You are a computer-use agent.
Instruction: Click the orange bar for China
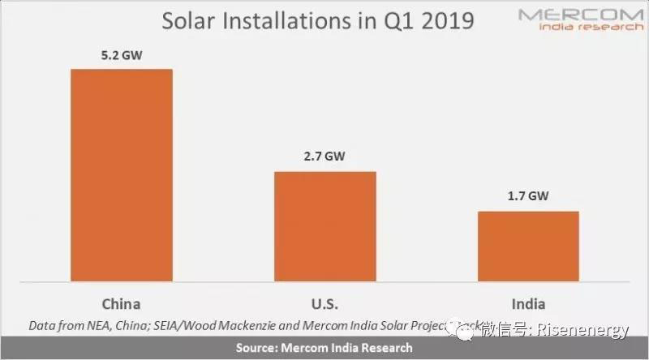pyautogui.click(x=122, y=174)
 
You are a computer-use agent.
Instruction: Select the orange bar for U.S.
pyautogui.click(x=324, y=226)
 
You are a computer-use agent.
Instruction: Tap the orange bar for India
pyautogui.click(x=527, y=246)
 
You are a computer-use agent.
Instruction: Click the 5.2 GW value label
pyautogui.click(x=122, y=56)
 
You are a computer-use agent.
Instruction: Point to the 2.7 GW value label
pyautogui.click(x=324, y=159)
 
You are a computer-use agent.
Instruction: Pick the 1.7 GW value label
pyautogui.click(x=527, y=198)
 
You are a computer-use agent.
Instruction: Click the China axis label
pyautogui.click(x=122, y=304)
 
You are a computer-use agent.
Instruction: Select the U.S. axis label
pyautogui.click(x=324, y=304)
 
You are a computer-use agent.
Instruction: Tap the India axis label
pyautogui.click(x=527, y=304)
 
